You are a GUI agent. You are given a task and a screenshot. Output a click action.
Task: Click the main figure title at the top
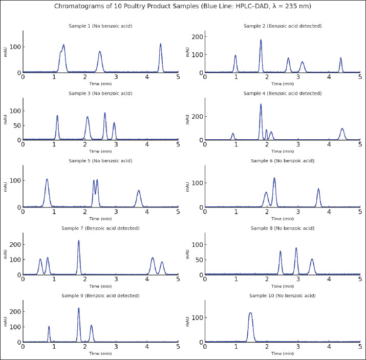[x=183, y=7]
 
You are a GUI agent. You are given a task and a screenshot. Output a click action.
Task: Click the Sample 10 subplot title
[x=283, y=295]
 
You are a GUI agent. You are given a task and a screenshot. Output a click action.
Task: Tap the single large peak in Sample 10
[x=250, y=313]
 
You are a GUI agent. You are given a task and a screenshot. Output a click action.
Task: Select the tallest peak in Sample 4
[x=261, y=105]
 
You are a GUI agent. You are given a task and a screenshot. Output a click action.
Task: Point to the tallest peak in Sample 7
[x=78, y=242]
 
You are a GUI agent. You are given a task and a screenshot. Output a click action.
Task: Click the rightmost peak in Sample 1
[x=160, y=45]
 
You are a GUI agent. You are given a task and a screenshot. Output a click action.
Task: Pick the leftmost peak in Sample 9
[x=49, y=327]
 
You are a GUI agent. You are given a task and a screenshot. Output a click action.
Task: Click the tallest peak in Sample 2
[x=261, y=41]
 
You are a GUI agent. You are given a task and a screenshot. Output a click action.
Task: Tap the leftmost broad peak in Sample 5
[x=47, y=180]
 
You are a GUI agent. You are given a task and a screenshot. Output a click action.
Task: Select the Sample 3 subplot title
[x=100, y=93]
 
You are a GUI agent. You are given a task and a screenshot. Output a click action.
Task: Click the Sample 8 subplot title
[x=283, y=228]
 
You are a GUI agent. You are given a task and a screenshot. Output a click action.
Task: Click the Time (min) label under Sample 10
[x=283, y=353]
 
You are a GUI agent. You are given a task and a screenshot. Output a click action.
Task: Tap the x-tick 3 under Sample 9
[x=116, y=347]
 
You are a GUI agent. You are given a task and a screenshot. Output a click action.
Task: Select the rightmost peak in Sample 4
[x=342, y=130]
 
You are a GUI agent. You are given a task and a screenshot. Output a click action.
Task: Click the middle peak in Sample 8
[x=296, y=249]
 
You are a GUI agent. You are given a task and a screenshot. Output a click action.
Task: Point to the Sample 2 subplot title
[x=283, y=26]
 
